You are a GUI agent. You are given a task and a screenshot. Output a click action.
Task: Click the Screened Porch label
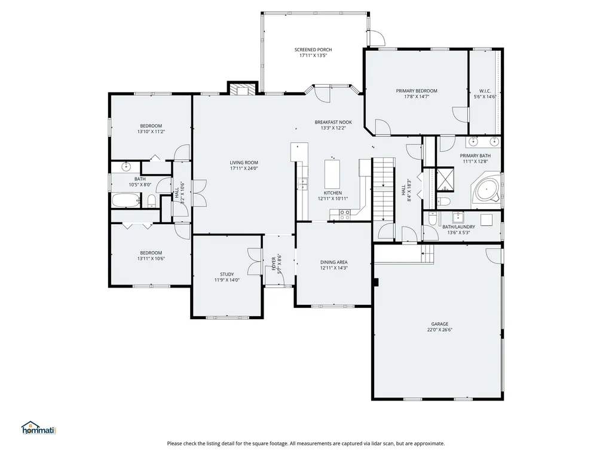(313, 50)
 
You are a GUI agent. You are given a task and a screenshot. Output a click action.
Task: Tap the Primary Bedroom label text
(417, 91)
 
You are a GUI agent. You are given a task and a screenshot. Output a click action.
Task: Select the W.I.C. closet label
(485, 91)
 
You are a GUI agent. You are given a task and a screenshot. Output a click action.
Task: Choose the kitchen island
(332, 173)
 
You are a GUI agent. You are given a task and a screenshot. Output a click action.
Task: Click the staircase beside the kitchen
(384, 188)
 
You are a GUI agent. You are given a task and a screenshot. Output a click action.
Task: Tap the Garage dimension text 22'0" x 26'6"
(437, 330)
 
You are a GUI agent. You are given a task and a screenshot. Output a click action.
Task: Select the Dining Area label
(333, 262)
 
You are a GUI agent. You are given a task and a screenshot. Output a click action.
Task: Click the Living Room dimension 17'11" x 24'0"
(244, 169)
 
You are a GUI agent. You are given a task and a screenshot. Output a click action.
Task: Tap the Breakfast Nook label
(333, 122)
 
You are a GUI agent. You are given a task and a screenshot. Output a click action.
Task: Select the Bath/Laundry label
(458, 227)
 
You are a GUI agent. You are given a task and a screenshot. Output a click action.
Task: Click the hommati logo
(38, 427)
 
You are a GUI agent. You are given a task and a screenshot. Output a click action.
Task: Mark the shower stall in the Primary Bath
(445, 178)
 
